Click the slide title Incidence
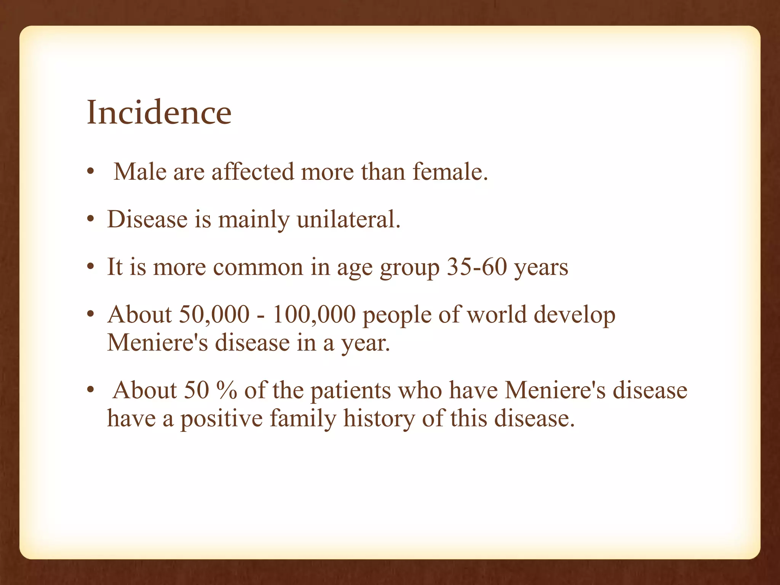(x=159, y=112)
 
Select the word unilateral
(x=348, y=219)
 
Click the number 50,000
(x=214, y=315)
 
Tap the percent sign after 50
(x=226, y=390)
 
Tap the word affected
(x=253, y=171)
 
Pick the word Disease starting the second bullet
(x=147, y=219)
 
